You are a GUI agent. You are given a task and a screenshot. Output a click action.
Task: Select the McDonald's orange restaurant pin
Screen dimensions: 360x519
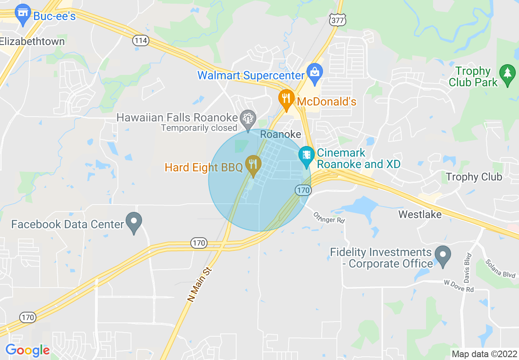pos(287,99)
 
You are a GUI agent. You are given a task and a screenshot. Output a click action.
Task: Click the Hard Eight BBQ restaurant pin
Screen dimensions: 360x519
pos(253,164)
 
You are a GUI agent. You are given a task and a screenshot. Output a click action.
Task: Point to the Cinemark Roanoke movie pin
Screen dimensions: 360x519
pos(306,156)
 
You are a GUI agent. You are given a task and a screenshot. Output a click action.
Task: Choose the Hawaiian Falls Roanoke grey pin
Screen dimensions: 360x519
pos(248,119)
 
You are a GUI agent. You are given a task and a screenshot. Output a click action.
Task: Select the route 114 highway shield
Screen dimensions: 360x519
pos(140,40)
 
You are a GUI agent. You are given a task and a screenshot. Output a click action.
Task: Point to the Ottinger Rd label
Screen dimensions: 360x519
pos(329,217)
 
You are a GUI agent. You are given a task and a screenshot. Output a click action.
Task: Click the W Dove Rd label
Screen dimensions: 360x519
pos(459,286)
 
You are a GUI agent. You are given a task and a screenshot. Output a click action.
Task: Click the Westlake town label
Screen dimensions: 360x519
pos(420,214)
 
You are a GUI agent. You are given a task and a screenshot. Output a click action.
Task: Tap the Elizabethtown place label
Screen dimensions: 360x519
pos(32,41)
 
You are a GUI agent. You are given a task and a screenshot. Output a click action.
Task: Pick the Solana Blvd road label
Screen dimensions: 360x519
pos(500,269)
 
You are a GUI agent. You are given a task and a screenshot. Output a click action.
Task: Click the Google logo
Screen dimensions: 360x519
pos(27,350)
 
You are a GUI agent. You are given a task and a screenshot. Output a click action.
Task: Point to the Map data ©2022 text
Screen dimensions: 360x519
pos(483,354)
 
